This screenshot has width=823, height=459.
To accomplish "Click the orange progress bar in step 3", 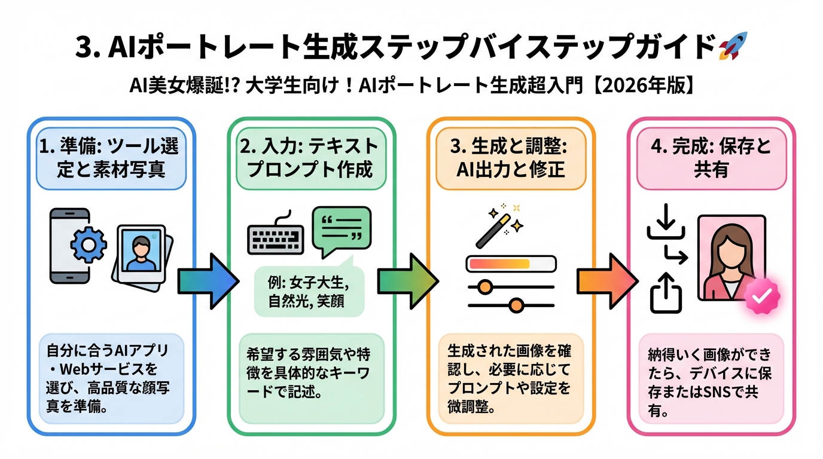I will tap(500, 264).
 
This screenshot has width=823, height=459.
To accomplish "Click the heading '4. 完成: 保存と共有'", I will tap(711, 157).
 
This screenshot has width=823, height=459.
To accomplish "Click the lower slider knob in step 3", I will tap(516, 305).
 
